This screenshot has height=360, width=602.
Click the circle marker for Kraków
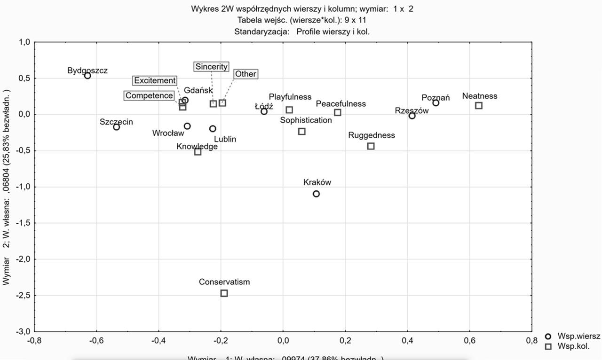(316, 194)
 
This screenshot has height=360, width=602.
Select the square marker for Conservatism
(224, 293)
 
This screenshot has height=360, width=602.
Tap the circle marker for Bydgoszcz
(87, 76)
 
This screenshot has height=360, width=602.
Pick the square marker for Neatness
(479, 106)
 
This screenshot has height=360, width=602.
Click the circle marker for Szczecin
(117, 127)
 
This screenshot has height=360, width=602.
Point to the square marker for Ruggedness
(371, 146)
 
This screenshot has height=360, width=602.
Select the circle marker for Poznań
(436, 103)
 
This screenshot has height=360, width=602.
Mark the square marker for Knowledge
(198, 152)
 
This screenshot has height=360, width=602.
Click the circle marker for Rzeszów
(412, 116)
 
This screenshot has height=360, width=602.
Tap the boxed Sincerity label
(211, 67)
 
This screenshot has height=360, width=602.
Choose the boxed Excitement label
(155, 81)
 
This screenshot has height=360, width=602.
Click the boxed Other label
(246, 74)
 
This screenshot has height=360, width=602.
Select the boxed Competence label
(149, 96)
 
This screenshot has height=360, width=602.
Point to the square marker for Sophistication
(302, 132)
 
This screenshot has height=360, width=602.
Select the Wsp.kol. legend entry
(573, 346)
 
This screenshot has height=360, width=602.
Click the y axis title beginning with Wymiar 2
(7, 188)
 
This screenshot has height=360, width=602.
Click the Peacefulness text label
(341, 104)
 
